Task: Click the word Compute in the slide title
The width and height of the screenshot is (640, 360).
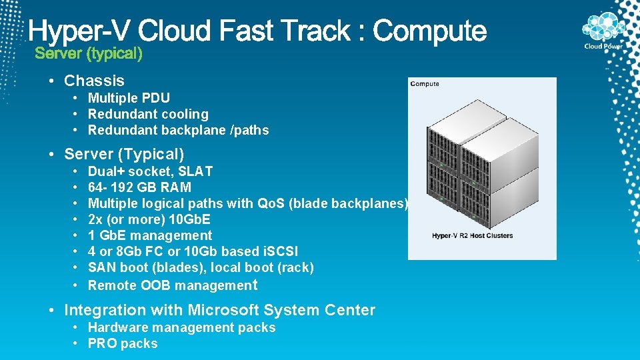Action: click(430, 31)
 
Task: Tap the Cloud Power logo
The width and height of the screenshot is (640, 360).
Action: click(603, 31)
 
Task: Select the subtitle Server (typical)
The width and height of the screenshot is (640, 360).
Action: click(89, 53)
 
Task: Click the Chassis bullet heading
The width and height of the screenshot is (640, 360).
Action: click(94, 81)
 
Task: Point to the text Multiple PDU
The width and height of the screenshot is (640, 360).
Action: click(129, 98)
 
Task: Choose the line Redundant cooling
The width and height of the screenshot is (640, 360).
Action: click(148, 114)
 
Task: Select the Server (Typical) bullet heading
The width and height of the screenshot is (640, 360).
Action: click(124, 154)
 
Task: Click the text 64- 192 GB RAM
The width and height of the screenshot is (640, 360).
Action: click(139, 187)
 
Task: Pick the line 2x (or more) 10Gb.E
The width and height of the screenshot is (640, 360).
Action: click(149, 219)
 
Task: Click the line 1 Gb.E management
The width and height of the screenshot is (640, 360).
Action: click(150, 235)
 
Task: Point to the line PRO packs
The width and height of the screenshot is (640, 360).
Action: click(123, 343)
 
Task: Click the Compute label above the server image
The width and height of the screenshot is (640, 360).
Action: click(425, 84)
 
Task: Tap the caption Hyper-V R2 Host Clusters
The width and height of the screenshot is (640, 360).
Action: click(472, 235)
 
